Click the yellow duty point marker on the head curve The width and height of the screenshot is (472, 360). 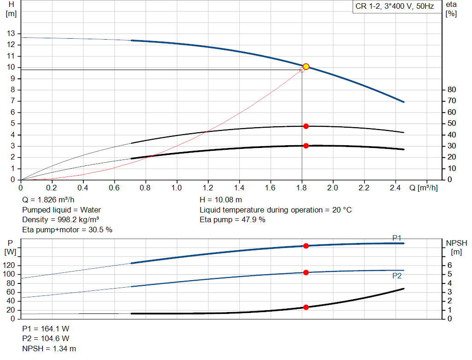coord(306,67)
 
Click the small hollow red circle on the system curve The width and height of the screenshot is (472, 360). coord(302,70)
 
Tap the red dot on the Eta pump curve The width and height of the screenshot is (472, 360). coord(306,126)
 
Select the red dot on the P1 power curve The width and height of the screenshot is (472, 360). coord(306,246)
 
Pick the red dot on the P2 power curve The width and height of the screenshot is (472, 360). coord(306,272)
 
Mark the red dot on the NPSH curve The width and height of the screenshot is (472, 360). coord(306,307)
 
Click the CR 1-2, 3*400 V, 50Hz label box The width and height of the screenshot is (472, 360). coord(395,7)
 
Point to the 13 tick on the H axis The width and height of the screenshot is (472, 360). coord(11,34)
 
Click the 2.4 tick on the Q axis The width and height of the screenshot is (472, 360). coord(395,188)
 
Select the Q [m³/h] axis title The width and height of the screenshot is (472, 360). coord(423,188)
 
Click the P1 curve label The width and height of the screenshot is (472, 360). coord(396,238)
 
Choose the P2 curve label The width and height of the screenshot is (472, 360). coord(396,276)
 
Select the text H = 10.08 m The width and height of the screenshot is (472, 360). coord(221,200)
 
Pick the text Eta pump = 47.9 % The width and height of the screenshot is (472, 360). coord(232,220)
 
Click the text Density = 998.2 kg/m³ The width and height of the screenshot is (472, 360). coord(61,220)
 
